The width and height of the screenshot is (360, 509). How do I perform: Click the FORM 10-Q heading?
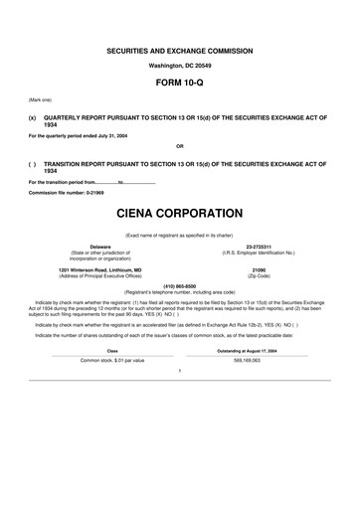(180, 85)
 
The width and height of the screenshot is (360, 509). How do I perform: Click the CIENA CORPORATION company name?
(180, 214)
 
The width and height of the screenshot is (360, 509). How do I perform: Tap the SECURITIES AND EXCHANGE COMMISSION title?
(180, 51)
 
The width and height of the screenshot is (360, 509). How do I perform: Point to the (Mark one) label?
(42, 102)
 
